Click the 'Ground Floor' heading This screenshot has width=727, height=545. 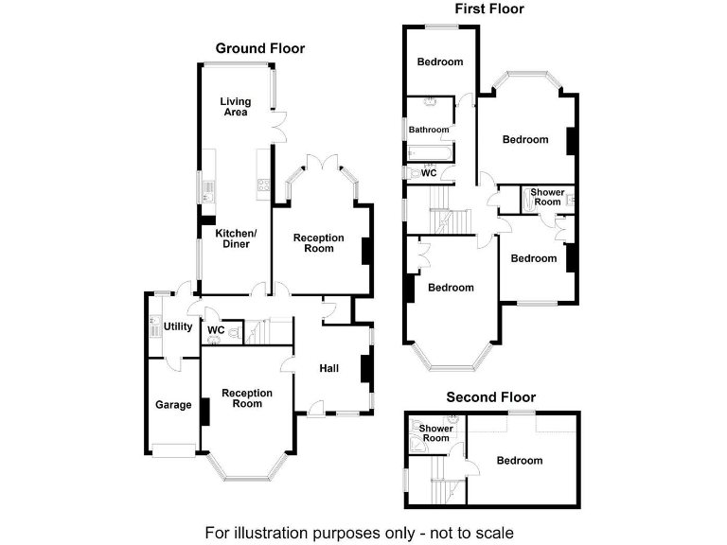(x=260, y=48)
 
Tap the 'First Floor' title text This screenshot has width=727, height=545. (x=488, y=9)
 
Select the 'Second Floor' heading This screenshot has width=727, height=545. (x=490, y=397)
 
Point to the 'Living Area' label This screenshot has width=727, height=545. (x=236, y=106)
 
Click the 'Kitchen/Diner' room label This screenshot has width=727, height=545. (x=236, y=238)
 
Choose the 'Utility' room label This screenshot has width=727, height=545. (x=178, y=327)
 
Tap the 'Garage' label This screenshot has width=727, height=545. (x=173, y=405)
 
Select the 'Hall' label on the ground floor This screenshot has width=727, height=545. (x=329, y=368)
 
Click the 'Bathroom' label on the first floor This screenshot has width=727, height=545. (x=429, y=130)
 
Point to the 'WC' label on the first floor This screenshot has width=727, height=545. (x=429, y=173)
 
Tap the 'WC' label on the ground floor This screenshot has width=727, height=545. (x=216, y=330)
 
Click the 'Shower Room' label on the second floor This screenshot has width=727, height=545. (x=435, y=432)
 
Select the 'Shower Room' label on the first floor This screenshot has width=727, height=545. (x=547, y=197)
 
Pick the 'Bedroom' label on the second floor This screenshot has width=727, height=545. (x=520, y=460)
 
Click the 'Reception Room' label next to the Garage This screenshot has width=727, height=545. (x=247, y=398)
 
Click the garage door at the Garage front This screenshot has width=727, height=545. (x=172, y=450)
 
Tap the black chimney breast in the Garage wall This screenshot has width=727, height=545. (x=202, y=405)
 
